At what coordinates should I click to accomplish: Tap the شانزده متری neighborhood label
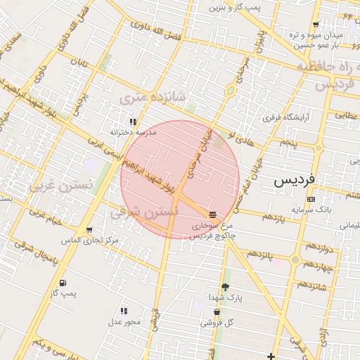pyautogui.click(x=152, y=96)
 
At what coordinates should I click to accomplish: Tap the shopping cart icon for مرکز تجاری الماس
pyautogui.click(x=89, y=230)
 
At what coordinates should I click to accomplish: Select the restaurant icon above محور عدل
pyautogui.click(x=124, y=310)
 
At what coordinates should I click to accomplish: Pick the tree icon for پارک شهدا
pyautogui.click(x=225, y=287)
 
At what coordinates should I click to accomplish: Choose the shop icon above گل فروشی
pyautogui.click(x=217, y=312)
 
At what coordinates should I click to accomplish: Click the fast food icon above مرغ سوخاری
pyautogui.click(x=213, y=214)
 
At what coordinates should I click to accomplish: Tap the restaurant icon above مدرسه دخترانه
pyautogui.click(x=132, y=122)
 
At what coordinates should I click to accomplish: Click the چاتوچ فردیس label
pyautogui.click(x=214, y=236)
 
